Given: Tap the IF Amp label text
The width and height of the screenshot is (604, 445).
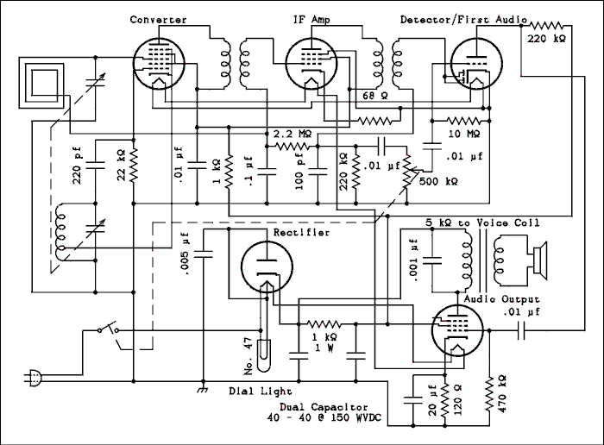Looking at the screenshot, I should coord(311,19).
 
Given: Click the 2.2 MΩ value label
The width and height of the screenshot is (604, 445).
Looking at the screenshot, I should coord(293,135).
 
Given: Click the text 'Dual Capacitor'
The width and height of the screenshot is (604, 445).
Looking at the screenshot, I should coord(324,407).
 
